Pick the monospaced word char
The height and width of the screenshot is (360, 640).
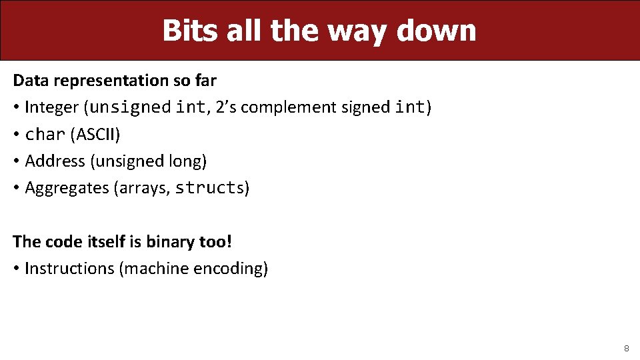coord(45,135)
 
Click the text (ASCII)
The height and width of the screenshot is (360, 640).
coord(95,135)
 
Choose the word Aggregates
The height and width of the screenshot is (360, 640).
coord(67,188)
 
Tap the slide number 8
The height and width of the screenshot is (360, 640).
coord(626,348)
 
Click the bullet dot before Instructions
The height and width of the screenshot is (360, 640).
coord(16,269)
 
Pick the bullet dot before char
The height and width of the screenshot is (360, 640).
coord(16,135)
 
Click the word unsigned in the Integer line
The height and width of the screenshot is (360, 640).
coord(130,107)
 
